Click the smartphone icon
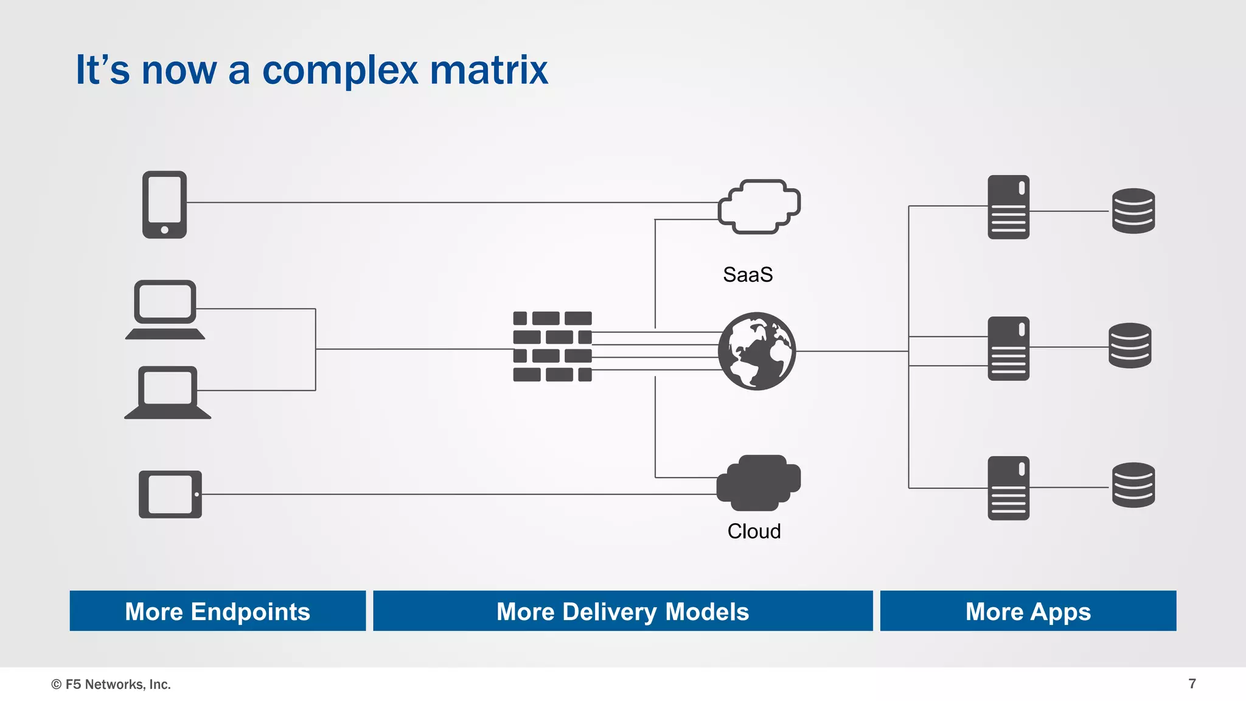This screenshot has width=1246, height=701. [x=164, y=204]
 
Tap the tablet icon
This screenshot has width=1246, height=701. [x=170, y=494]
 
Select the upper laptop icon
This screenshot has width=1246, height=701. [x=165, y=309]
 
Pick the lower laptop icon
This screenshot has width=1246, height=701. [x=167, y=392]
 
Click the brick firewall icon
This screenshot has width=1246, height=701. [x=552, y=346]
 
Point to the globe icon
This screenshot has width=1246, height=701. [x=756, y=351]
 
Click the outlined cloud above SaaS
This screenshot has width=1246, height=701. [x=759, y=206]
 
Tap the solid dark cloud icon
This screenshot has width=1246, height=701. [x=758, y=483]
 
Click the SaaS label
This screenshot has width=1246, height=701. [x=748, y=275]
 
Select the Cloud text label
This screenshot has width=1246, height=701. [x=754, y=531]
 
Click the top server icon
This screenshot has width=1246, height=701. [x=1008, y=207]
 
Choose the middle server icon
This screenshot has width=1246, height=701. [x=1008, y=348]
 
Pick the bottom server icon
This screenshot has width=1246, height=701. [x=1008, y=488]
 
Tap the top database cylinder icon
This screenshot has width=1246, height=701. [x=1133, y=211]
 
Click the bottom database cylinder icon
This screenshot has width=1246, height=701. [x=1133, y=485]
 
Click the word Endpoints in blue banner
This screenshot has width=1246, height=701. [x=250, y=612]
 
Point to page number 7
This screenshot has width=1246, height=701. [x=1192, y=684]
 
